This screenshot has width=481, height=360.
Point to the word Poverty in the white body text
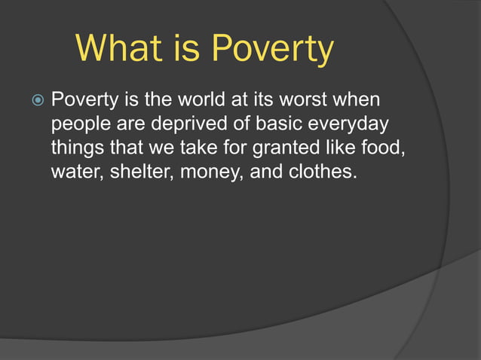point(82,99)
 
